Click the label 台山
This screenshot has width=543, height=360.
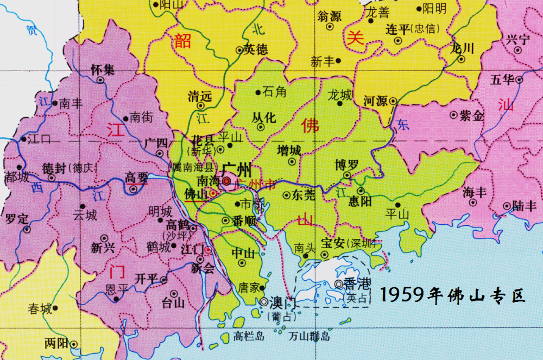coord(174,302)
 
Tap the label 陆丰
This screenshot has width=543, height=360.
coord(524,206)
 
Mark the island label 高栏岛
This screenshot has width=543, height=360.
coord(248,337)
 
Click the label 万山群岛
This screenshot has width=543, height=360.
coord(309,337)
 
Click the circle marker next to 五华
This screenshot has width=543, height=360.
coord(519,80)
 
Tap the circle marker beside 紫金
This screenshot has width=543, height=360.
coord(454,115)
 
